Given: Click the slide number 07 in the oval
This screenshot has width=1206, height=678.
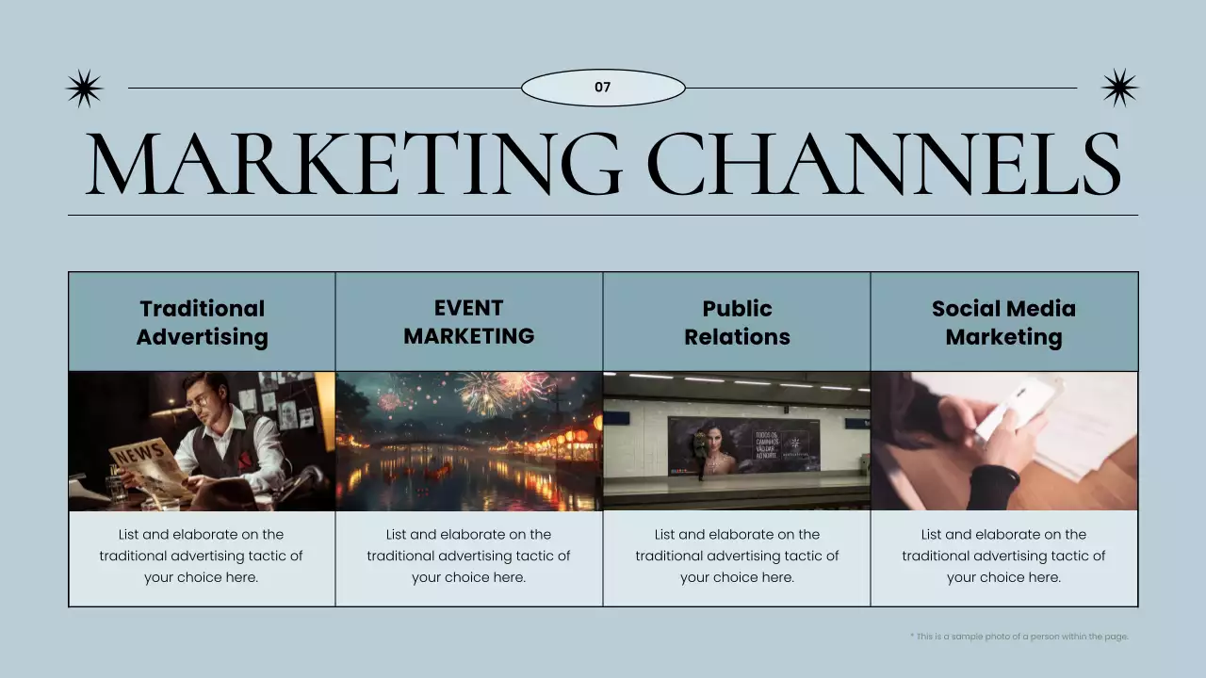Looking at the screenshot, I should click(603, 88).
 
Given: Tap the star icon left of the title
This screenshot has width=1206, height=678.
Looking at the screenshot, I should click(84, 89).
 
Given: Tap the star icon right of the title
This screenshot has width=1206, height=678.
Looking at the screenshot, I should click(1119, 88).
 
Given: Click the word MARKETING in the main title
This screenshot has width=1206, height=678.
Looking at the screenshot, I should click(353, 164).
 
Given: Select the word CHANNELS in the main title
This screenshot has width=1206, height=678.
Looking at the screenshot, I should click(886, 164).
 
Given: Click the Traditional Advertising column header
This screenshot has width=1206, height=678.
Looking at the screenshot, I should click(202, 322).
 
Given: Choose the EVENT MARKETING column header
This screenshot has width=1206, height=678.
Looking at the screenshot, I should click(469, 322).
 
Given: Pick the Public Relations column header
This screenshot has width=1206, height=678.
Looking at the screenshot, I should click(737, 322).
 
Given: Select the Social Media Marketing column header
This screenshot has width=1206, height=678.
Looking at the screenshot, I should click(1003, 322).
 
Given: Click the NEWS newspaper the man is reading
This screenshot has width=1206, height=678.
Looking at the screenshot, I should click(141, 466).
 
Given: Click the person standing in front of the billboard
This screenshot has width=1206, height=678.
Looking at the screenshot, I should click(699, 452).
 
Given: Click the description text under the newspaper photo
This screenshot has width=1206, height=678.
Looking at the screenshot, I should click(202, 556).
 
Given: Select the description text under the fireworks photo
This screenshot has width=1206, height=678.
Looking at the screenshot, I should click(469, 556).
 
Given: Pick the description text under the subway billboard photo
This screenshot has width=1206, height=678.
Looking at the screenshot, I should click(737, 556).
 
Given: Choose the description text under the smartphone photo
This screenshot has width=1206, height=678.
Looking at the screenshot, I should click(1003, 556).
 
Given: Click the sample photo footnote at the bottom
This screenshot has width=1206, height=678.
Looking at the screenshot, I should click(1019, 637).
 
